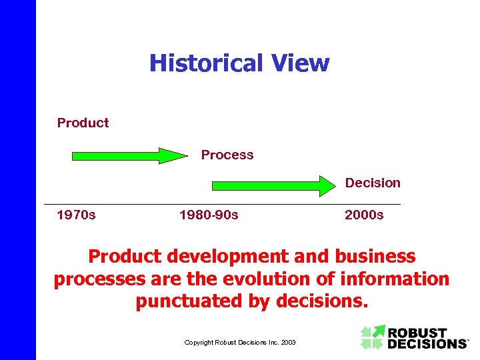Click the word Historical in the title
tap(206, 63)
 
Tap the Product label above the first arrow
tap(83, 123)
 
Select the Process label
tap(227, 155)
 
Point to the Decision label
tap(373, 183)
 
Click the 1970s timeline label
tap(76, 215)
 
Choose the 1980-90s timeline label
tap(209, 215)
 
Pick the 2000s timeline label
tap(364, 215)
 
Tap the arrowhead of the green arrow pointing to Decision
tap(326, 185)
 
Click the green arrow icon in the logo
tap(373, 337)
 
